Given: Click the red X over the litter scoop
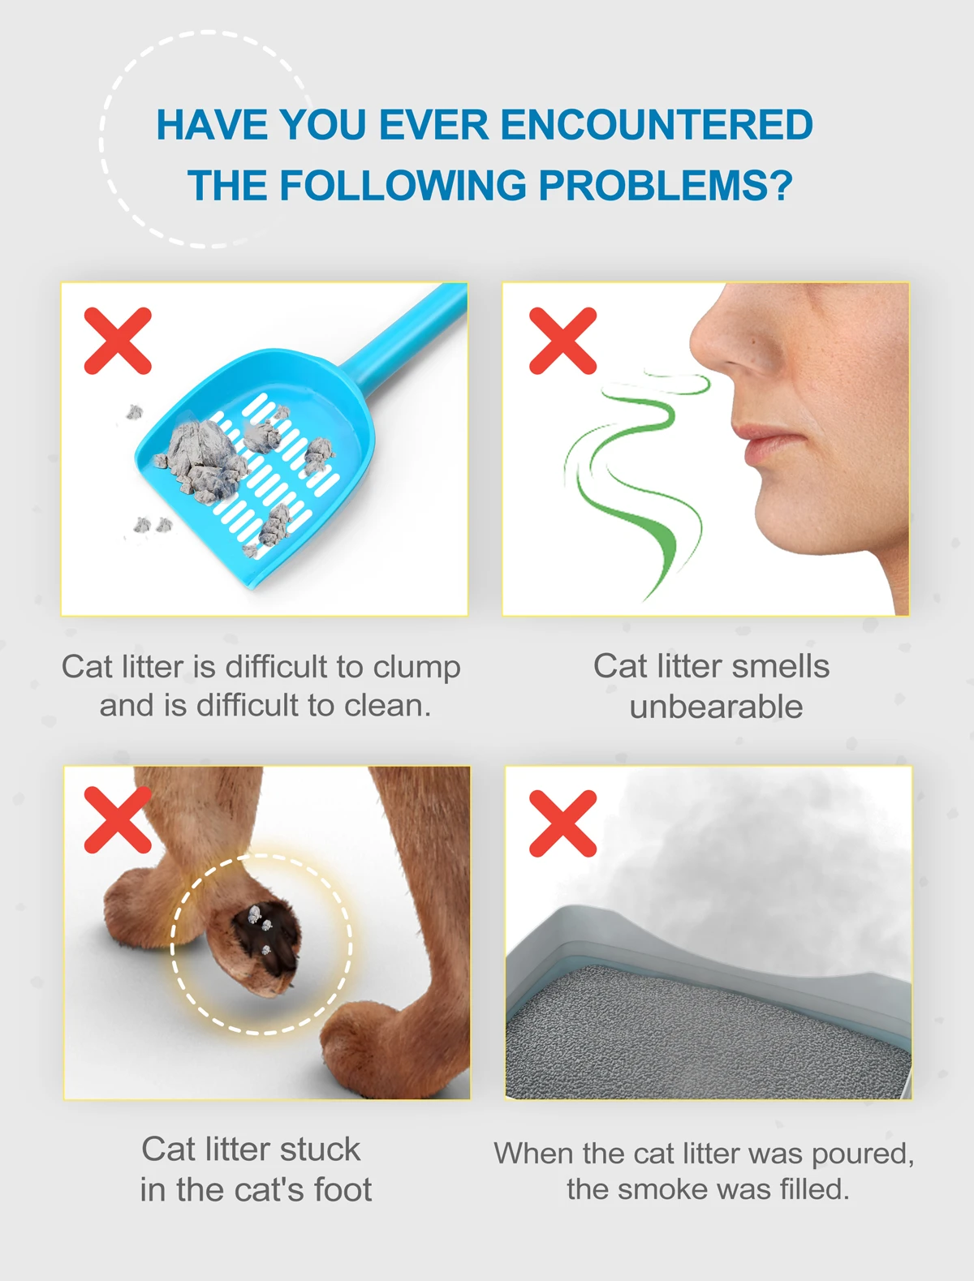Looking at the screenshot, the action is coord(118,341).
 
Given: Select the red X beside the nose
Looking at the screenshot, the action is coord(563,341).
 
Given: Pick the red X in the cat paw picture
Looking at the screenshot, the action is coord(118,820).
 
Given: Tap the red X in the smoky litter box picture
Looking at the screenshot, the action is coord(563,823).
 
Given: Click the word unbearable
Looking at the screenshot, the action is coord(716,707).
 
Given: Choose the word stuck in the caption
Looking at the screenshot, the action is coord(320,1149).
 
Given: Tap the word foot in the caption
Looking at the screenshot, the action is coord(343,1189).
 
